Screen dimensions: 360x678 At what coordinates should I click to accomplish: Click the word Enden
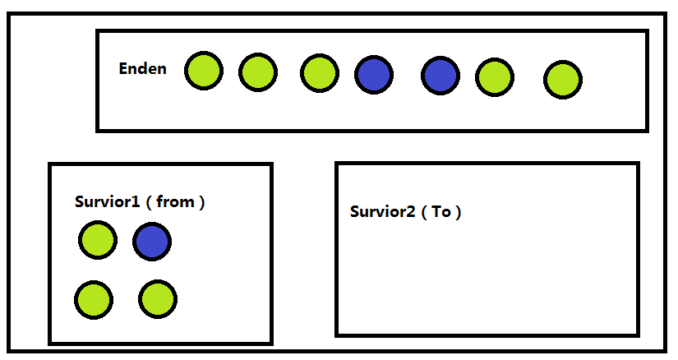[x=142, y=69]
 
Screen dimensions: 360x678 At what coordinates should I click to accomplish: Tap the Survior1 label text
[x=107, y=202]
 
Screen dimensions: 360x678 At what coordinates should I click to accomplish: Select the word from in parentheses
[x=174, y=202]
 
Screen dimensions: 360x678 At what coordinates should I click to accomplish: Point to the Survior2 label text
[x=383, y=211]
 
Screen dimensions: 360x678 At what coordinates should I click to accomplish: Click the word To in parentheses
[x=441, y=211]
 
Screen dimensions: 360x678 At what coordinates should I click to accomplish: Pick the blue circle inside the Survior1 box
[x=152, y=242]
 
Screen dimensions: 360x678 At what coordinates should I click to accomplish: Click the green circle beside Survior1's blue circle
[x=98, y=240]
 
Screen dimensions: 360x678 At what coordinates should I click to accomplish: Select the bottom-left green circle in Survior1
[x=94, y=299]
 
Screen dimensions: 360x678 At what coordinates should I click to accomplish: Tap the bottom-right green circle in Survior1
[x=157, y=299]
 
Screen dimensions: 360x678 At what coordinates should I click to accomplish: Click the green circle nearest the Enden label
[x=203, y=71]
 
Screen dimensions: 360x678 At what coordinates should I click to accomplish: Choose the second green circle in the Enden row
[x=258, y=72]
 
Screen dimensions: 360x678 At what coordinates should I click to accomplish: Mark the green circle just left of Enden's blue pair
[x=320, y=72]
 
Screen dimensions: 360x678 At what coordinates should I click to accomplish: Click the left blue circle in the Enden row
[x=374, y=75]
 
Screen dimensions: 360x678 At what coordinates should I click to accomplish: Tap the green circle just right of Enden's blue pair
[x=495, y=77]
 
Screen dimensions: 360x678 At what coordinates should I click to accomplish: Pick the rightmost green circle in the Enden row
[x=563, y=80]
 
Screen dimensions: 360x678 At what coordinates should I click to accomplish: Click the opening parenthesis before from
[x=148, y=202]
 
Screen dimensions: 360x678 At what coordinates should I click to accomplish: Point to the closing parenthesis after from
[x=201, y=202]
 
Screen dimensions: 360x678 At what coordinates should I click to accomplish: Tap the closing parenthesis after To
[x=459, y=211]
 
